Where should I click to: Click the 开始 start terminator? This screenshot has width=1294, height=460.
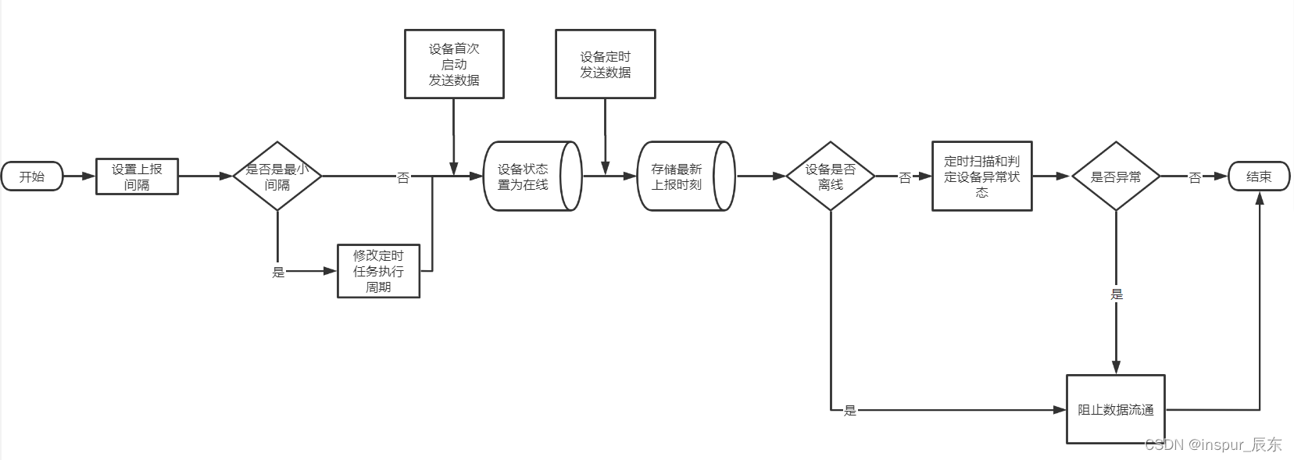32,177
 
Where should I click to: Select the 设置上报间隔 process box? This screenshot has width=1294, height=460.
137,177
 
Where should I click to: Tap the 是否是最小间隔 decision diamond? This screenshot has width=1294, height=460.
277,177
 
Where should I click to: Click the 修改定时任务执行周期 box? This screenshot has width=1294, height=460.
378,271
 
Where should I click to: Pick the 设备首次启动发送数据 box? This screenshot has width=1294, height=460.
454,64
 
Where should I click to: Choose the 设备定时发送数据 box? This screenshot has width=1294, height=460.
605,64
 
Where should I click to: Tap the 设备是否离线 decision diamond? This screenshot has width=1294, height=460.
830,177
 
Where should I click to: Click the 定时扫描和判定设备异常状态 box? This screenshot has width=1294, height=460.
981,177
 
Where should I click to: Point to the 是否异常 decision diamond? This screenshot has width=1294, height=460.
1115,177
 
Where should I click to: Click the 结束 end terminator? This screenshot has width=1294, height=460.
1259,177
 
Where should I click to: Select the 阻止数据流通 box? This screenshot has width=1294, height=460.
1115,409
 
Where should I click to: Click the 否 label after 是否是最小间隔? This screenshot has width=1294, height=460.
403,178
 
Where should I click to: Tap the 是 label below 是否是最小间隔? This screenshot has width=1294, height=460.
278,272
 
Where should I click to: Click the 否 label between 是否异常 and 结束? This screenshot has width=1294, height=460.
1195,178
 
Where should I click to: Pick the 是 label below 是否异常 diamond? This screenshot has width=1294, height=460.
1117,294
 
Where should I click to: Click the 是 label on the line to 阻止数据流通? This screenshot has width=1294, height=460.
850,410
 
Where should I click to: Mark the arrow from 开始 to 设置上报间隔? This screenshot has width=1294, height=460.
79,177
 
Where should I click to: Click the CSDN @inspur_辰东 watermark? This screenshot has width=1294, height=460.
1213,445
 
